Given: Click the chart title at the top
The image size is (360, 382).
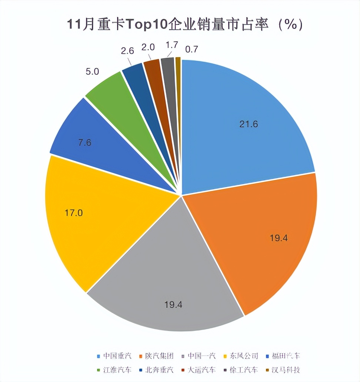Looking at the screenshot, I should pos(180,25).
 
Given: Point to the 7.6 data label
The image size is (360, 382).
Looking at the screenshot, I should pos(85,143).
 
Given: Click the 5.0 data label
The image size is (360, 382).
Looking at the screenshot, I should pos(92,71).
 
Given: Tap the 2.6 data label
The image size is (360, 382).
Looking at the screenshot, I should pos(127,51).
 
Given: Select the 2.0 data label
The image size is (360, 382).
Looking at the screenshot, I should pos(149,47).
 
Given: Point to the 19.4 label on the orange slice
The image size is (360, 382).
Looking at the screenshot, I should pos(279,238).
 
